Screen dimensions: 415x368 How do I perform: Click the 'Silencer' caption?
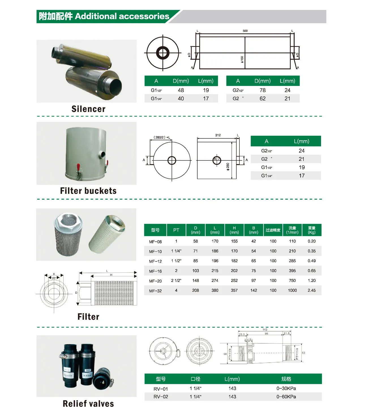pyautogui.click(x=88, y=109)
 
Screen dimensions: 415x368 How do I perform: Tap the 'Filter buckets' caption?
pyautogui.click(x=88, y=191)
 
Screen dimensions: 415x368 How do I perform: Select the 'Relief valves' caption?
pyautogui.click(x=88, y=404)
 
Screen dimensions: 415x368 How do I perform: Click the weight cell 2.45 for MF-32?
pyautogui.click(x=311, y=290)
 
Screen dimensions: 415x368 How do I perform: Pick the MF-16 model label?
pyautogui.click(x=155, y=271)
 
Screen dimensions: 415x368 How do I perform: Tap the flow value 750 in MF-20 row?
pyautogui.click(x=292, y=280)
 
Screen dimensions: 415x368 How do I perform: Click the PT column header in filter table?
pyautogui.click(x=176, y=230)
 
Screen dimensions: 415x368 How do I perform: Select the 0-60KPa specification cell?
pyautogui.click(x=286, y=397)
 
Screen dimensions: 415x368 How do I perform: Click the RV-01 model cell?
pyautogui.click(x=161, y=389)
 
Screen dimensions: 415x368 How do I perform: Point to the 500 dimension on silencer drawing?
pyautogui.click(x=245, y=31)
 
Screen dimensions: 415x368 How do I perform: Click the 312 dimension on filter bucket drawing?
pyautogui.click(x=218, y=135)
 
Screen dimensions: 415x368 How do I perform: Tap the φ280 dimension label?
pyautogui.click(x=228, y=166)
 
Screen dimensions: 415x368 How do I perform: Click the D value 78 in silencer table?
pyautogui.click(x=262, y=90)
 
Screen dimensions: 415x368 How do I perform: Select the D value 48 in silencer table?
pyautogui.click(x=181, y=90)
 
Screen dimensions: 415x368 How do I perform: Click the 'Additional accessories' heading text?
pyautogui.click(x=122, y=16)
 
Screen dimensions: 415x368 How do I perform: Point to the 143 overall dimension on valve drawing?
pyautogui.click(x=265, y=330)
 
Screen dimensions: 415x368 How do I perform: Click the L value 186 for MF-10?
pyautogui.click(x=215, y=251)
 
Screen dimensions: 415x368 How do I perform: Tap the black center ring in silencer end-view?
pyautogui.click(x=163, y=53)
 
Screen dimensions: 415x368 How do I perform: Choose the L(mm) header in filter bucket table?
pyautogui.click(x=301, y=141)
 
